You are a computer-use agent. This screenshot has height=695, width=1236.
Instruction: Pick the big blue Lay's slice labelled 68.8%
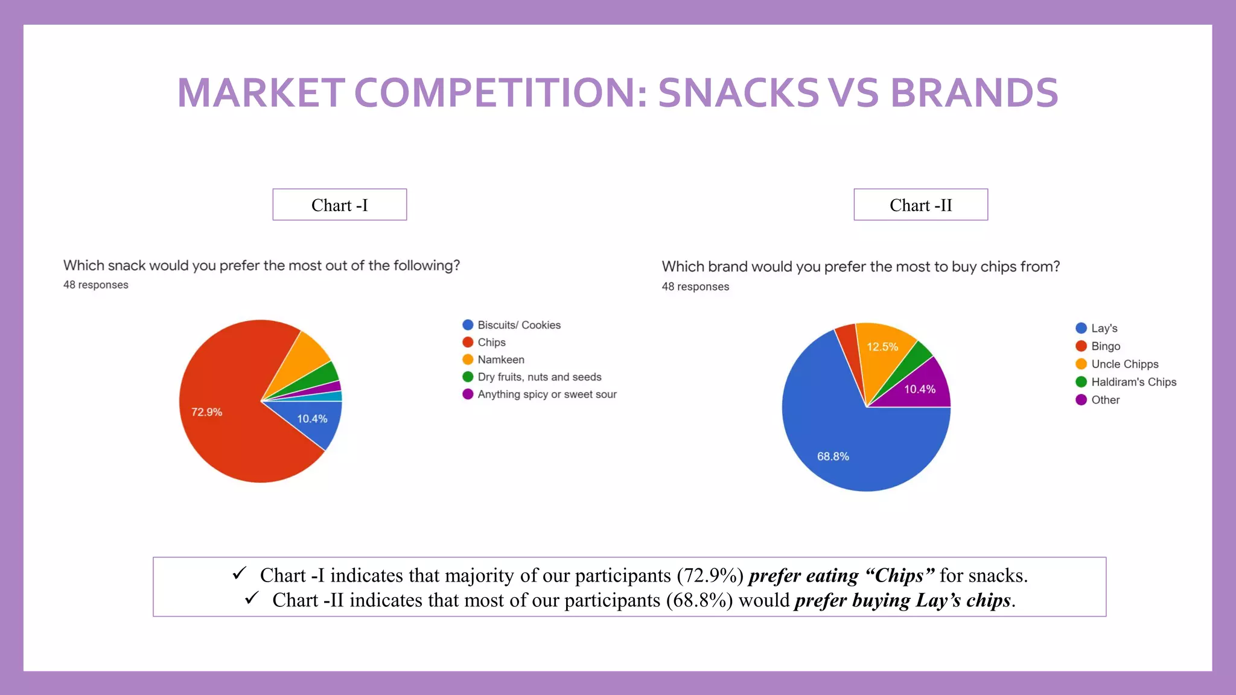(845, 446)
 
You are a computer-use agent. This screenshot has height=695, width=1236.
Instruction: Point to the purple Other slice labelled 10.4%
(920, 389)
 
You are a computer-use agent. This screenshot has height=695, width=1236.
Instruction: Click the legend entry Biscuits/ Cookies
(518, 325)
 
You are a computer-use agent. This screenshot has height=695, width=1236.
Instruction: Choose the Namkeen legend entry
(500, 360)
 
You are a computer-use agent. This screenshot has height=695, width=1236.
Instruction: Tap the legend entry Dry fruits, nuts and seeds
(539, 377)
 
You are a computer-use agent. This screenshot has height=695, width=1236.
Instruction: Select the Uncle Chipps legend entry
(1124, 364)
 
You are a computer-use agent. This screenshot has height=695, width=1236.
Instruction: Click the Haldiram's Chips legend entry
(1133, 382)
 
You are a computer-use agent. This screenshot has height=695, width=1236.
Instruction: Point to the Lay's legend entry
(1104, 328)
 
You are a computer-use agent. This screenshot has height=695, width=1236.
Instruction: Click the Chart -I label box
(339, 205)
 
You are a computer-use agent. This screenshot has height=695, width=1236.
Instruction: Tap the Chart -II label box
(920, 205)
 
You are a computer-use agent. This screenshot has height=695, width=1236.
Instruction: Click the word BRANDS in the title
(973, 93)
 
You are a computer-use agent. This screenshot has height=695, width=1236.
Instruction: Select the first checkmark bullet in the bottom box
(239, 573)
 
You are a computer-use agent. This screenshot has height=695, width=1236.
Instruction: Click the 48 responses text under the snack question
(96, 285)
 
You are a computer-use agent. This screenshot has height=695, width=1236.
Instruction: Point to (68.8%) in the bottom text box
(699, 600)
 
